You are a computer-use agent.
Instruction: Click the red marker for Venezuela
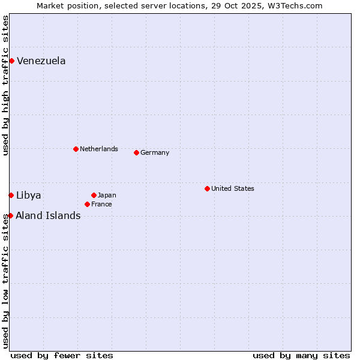11,61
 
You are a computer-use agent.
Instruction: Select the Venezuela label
41,61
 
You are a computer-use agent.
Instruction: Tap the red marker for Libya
11,195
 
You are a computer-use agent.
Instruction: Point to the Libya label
28,195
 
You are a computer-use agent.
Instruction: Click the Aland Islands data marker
10,215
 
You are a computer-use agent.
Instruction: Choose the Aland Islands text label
48,215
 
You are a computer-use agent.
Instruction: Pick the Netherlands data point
76,149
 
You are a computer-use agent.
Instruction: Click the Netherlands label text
98,149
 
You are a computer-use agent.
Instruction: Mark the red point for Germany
136,152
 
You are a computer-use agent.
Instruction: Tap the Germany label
155,152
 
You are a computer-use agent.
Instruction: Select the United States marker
207,188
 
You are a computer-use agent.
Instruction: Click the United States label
232,188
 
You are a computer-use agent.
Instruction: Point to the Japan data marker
94,195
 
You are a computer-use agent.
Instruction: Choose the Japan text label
107,195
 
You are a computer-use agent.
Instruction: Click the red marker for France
87,204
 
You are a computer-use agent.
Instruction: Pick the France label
101,204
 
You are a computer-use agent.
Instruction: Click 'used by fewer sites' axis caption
62,355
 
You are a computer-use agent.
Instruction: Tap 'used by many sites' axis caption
301,355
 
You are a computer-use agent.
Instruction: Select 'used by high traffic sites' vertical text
5,85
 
